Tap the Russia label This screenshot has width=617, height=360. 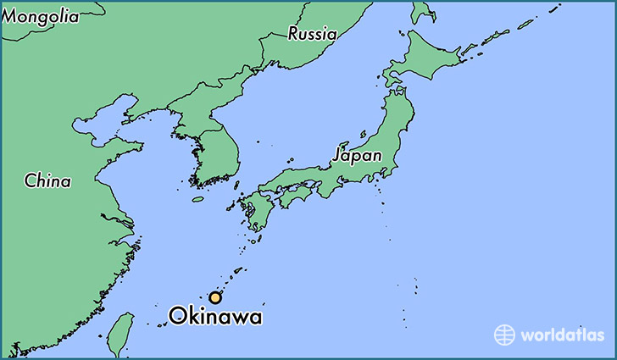[312, 34]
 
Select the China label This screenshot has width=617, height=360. [47, 180]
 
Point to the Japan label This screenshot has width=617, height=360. [357, 156]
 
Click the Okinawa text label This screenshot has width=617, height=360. [215, 317]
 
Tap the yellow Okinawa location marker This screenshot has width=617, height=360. [216, 297]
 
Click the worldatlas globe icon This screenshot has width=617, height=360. [505, 334]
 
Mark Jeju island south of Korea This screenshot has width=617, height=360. [197, 200]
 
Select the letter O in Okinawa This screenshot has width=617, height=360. [178, 317]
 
